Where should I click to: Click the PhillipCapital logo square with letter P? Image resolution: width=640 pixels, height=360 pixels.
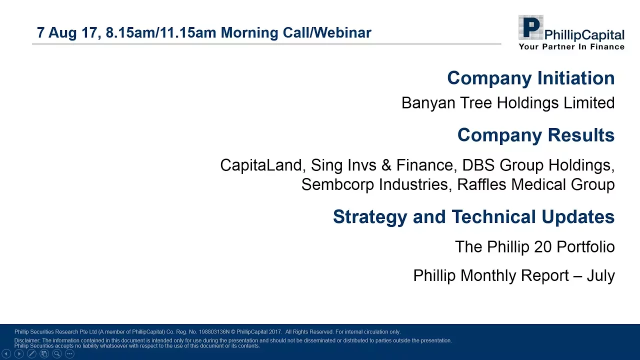click(531, 27)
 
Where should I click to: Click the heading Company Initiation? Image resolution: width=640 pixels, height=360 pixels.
click(531, 78)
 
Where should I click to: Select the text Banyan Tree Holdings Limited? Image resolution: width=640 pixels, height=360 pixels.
click(508, 103)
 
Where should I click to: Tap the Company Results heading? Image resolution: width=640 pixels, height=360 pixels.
click(536, 135)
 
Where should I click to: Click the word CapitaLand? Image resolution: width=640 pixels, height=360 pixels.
click(261, 165)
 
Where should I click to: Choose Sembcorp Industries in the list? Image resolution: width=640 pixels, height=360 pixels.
click(375, 184)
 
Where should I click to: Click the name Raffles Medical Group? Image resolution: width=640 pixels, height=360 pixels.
click(535, 184)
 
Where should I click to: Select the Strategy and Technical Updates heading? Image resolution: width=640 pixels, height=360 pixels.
click(473, 217)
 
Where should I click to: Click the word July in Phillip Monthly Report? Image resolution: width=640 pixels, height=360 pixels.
click(601, 276)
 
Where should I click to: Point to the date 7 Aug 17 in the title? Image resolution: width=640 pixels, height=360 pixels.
click(67, 32)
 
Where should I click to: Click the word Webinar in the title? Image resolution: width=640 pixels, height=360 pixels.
click(343, 32)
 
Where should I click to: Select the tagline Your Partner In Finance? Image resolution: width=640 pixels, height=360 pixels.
click(571, 46)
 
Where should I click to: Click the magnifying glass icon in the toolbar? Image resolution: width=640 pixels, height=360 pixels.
click(57, 353)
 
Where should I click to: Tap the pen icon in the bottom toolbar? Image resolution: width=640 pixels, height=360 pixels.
click(31, 353)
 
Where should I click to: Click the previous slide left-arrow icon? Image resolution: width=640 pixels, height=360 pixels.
click(6, 353)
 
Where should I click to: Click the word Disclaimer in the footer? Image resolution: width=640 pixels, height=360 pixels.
click(27, 340)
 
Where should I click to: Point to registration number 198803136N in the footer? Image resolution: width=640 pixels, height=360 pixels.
click(214, 331)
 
